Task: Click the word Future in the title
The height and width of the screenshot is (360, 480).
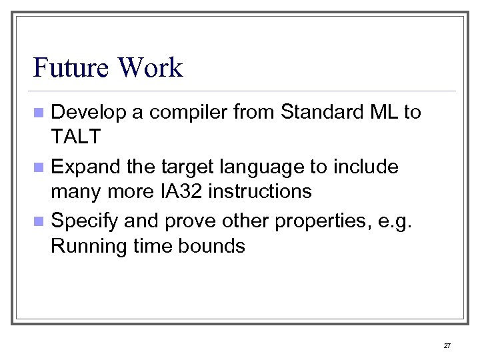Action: coord(71,68)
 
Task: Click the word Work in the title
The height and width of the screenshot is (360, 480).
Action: coord(150,68)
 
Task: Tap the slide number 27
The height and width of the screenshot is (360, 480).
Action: coord(447,345)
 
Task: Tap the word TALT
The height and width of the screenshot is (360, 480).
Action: coord(75,137)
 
